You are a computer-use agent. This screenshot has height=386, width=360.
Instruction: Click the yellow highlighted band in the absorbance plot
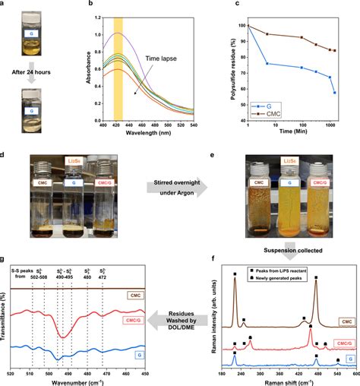pyautogui.click(x=117, y=68)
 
